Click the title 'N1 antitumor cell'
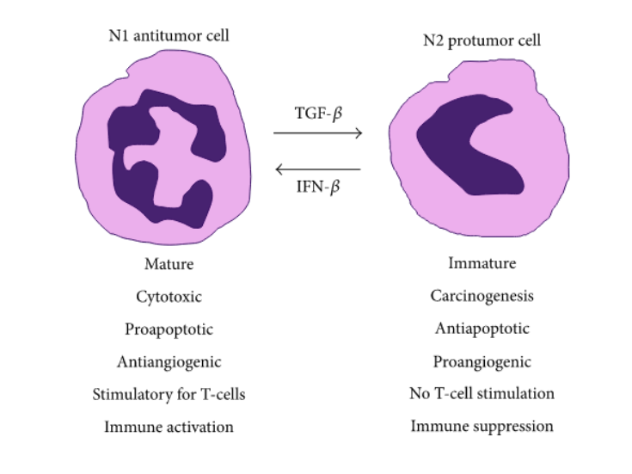[169, 35]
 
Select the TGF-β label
[317, 111]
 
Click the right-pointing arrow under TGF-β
[317, 132]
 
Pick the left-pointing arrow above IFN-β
[317, 169]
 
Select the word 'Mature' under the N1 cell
[169, 263]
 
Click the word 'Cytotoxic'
[169, 296]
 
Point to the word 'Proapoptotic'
[169, 329]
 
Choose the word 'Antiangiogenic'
[169, 361]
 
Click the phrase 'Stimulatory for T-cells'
[169, 394]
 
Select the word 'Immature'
[482, 263]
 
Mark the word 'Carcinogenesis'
[482, 296]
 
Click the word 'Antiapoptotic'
[482, 329]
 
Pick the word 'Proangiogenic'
[482, 361]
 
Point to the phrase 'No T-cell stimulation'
[482, 394]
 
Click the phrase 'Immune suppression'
[482, 426]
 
